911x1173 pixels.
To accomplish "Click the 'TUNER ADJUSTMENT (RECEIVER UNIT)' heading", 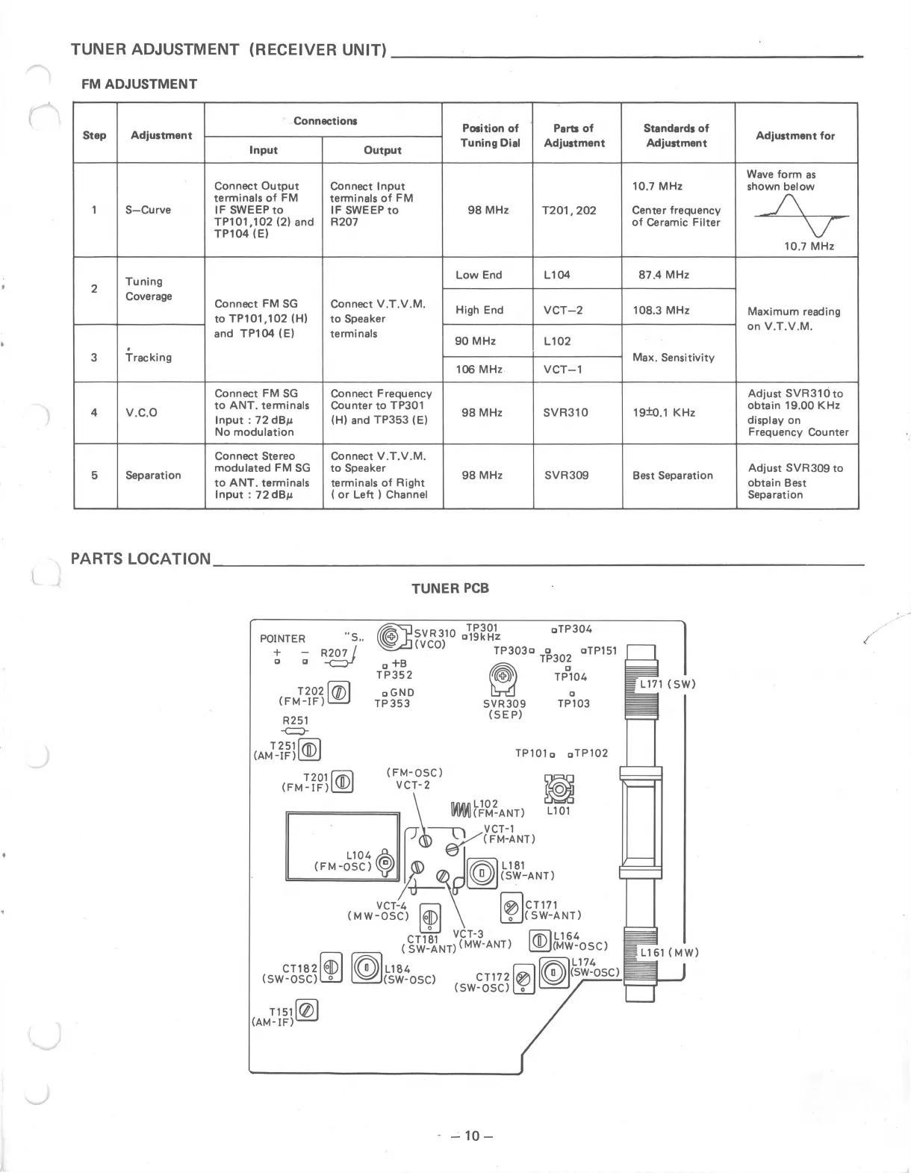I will pyautogui.click(x=228, y=50).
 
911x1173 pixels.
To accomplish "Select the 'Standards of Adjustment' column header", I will pyautogui.click(x=676, y=135).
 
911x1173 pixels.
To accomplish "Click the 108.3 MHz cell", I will pyautogui.click(x=661, y=310).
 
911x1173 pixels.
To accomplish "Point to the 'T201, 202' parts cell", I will pyautogui.click(x=569, y=211).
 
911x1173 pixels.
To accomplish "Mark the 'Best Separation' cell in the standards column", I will pyautogui.click(x=672, y=476).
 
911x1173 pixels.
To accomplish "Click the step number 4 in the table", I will pyautogui.click(x=94, y=413).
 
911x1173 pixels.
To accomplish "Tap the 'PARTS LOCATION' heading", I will pyautogui.click(x=141, y=559).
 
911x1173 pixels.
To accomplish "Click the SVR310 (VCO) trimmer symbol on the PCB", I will pyautogui.click(x=391, y=637).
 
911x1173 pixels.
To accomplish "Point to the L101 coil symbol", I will pyautogui.click(x=559, y=788).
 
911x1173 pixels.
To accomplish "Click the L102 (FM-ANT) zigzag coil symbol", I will pyautogui.click(x=461, y=809).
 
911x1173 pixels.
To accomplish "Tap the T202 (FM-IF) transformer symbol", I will pyautogui.click(x=338, y=693).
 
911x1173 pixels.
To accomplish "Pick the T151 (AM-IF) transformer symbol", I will pyautogui.click(x=307, y=1011).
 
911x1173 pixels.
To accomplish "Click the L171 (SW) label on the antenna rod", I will pyautogui.click(x=667, y=684).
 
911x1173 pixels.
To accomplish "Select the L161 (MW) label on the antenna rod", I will pyautogui.click(x=669, y=953).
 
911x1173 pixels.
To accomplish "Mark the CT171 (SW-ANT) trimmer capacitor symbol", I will pyautogui.click(x=512, y=908).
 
